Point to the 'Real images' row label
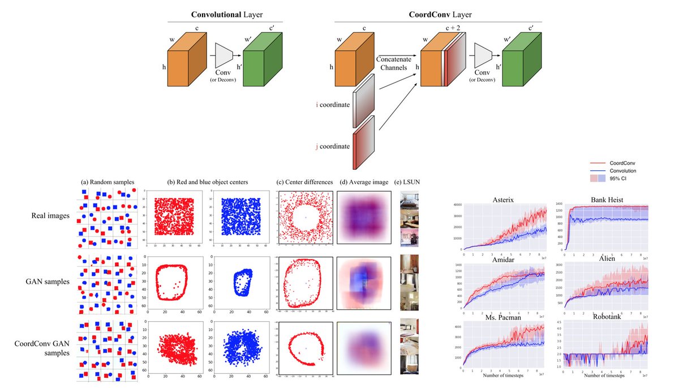50,215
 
